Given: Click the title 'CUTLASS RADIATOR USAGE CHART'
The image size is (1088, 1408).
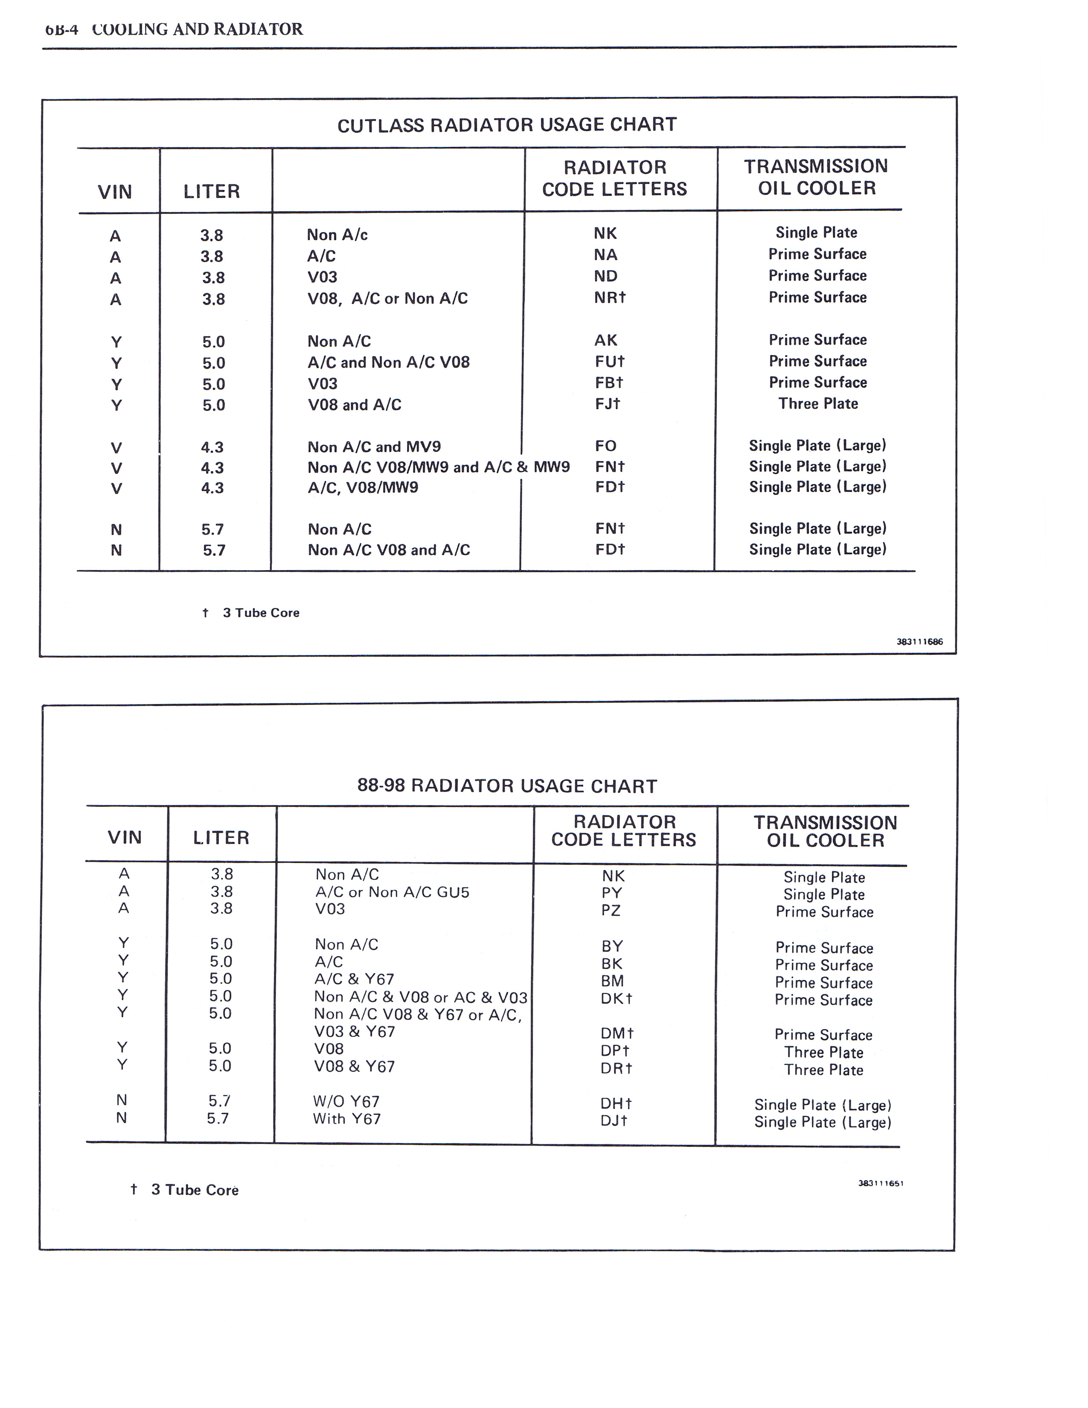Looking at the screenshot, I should (506, 125).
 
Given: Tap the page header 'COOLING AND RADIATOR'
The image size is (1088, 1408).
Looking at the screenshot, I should (197, 29).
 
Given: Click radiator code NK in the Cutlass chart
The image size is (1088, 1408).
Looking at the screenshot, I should (605, 233).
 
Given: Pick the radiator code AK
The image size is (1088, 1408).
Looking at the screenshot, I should (605, 340).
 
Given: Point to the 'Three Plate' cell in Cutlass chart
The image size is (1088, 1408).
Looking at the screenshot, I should (817, 404).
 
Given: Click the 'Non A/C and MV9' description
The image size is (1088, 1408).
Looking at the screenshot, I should (374, 447).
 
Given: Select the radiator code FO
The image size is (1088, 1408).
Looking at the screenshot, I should (605, 446).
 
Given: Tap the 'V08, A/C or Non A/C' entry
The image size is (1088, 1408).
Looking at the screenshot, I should (387, 299).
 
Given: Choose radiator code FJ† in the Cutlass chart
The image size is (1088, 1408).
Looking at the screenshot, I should (607, 404).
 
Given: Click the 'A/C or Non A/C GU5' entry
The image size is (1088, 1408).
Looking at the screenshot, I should (392, 892).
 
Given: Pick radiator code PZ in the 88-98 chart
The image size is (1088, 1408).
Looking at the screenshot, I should (611, 911).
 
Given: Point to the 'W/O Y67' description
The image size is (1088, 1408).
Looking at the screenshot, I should (346, 1102).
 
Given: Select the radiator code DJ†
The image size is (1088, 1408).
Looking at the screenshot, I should (614, 1121).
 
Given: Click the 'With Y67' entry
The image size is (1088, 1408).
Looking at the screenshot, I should (347, 1119).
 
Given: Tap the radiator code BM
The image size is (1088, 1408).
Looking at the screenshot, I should (612, 980).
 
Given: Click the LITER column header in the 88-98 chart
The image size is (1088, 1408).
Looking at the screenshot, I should (221, 838).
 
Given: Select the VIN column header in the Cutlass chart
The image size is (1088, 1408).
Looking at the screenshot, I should (115, 192).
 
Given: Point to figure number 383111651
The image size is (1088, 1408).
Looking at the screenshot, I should (881, 1184).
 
